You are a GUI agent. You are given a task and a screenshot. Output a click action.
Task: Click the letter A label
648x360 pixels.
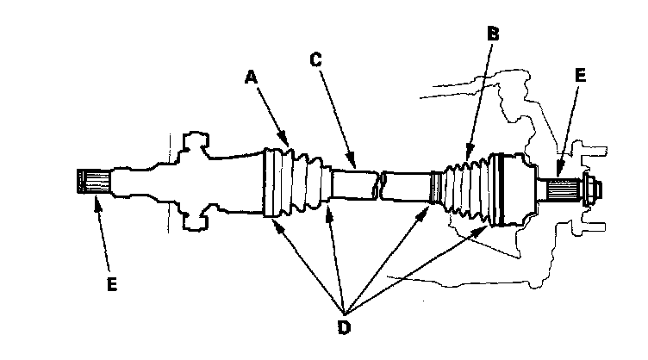[251, 78]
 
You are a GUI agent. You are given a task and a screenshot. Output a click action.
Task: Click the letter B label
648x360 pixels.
[493, 35]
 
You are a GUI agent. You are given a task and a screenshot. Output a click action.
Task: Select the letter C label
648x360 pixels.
[315, 60]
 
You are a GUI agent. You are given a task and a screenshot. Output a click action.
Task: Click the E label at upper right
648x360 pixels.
[580, 76]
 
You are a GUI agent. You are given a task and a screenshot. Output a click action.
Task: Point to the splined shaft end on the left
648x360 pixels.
[93, 183]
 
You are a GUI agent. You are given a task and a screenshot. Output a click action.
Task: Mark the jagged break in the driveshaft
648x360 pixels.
[379, 183]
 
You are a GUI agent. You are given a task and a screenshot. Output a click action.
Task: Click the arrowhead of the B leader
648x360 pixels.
[466, 155]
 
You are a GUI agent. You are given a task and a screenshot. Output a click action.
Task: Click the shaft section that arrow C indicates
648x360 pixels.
[353, 183]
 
